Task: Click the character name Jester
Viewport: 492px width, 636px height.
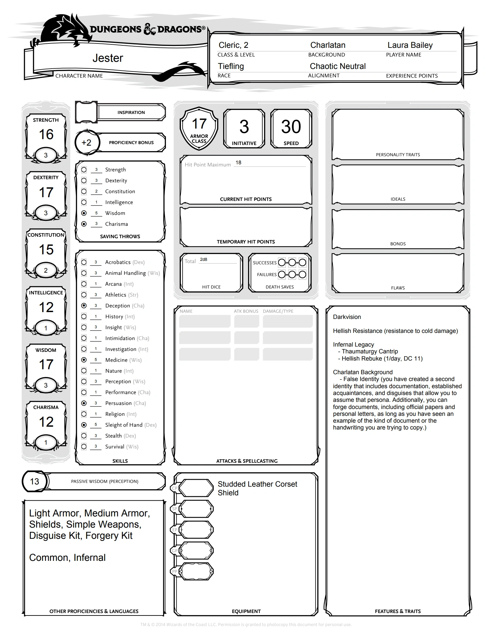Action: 108,58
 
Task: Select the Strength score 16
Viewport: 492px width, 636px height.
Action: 46,134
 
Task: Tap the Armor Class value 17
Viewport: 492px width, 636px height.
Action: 199,124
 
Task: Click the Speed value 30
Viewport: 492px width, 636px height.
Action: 291,127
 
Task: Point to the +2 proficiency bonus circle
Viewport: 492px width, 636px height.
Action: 86,143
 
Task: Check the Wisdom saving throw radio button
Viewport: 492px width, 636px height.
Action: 84,213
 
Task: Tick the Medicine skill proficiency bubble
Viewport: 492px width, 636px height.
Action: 84,360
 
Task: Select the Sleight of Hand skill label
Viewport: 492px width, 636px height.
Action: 124,425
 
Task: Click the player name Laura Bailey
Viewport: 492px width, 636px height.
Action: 410,45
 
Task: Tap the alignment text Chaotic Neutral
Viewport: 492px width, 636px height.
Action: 338,66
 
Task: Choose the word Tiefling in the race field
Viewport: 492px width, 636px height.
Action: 231,66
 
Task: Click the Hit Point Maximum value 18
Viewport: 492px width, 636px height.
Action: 238,163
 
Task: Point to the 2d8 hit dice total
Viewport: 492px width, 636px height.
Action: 204,260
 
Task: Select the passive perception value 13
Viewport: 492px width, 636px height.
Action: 34,481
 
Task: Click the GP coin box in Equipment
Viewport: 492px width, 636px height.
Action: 196,551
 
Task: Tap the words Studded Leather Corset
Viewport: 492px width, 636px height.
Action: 257,484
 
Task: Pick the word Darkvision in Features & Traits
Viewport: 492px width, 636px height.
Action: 347,317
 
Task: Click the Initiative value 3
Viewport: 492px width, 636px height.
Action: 244,127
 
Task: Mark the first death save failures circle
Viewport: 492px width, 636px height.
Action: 282,275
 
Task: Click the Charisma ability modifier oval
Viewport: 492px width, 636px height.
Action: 46,443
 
